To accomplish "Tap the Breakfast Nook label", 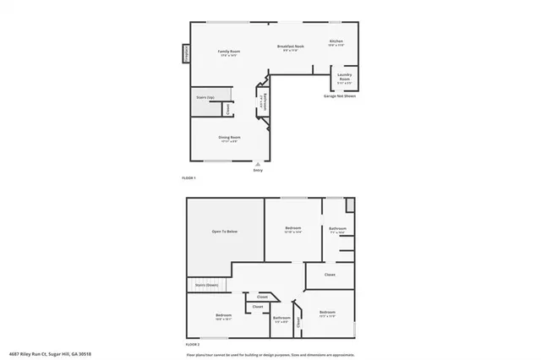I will (x=291, y=48).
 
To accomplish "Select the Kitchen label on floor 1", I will (x=336, y=43).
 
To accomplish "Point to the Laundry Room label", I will (x=344, y=79).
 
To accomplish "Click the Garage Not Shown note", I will (x=339, y=96).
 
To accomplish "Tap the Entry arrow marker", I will (x=259, y=164).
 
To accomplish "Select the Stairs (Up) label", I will (x=205, y=98).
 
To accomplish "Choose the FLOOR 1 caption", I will (x=189, y=178).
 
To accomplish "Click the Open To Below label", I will (x=224, y=231).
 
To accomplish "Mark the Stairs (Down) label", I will (x=207, y=285).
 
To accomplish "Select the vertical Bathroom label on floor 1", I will (x=265, y=101).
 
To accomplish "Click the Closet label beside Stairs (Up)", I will (x=227, y=108).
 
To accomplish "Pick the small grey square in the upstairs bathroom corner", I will (x=350, y=204).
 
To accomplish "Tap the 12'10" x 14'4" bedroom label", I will (x=293, y=230).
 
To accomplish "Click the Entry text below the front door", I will (x=259, y=171).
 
